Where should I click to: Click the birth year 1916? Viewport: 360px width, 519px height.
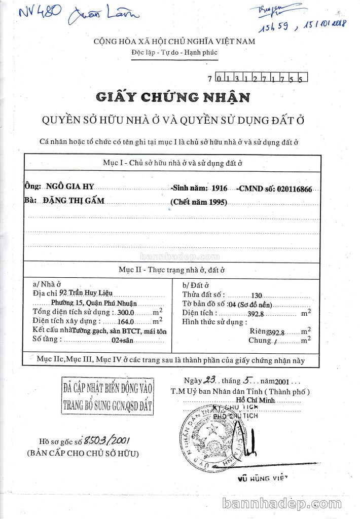pos(220,188)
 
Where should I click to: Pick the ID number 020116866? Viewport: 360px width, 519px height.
pos(296,189)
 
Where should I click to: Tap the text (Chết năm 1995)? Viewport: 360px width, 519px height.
pos(199,202)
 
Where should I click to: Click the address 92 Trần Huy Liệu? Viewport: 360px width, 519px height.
pos(85,292)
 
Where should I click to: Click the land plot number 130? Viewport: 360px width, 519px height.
pos(256,295)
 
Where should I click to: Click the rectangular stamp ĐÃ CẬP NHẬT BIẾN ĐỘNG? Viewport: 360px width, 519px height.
pos(107,397)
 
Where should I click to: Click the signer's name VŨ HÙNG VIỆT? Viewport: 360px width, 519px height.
pos(262,477)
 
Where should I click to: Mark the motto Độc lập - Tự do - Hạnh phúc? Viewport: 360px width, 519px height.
pos(174,53)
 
